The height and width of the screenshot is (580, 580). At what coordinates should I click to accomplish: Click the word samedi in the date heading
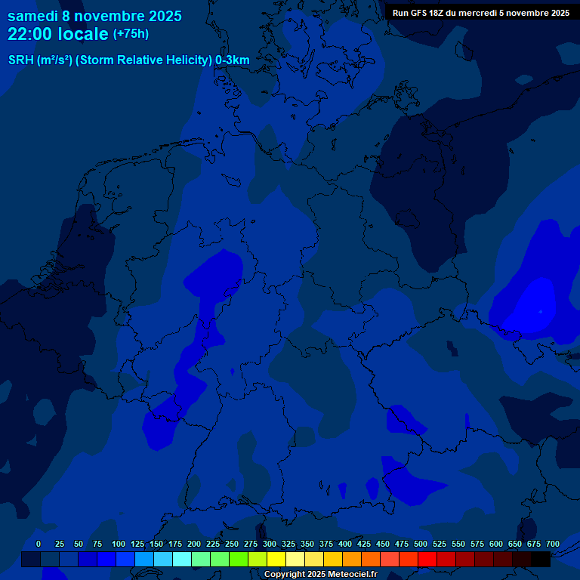[x=32, y=16]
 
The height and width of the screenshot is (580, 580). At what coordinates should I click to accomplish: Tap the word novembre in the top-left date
[x=106, y=16]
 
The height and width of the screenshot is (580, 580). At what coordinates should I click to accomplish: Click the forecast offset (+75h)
[x=131, y=34]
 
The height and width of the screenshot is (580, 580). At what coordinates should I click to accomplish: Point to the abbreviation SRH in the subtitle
[x=20, y=60]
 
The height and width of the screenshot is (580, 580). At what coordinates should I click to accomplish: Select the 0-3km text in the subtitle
[x=233, y=60]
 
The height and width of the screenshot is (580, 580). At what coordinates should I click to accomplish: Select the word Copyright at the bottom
[x=285, y=574]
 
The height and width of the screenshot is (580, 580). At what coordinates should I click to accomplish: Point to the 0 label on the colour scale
[x=39, y=544]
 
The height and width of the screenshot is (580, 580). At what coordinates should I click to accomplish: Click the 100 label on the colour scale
[x=118, y=544]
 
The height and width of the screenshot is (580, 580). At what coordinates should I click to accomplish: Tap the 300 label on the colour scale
[x=270, y=544]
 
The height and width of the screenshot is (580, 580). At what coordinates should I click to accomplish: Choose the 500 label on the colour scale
[x=421, y=544]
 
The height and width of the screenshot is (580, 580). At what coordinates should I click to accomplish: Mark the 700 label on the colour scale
[x=553, y=544]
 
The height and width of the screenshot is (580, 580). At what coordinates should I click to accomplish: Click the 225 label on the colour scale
[x=213, y=544]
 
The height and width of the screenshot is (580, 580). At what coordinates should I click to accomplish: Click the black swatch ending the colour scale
[x=541, y=559]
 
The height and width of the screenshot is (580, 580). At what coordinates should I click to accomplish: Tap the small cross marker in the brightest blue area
[x=540, y=311]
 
